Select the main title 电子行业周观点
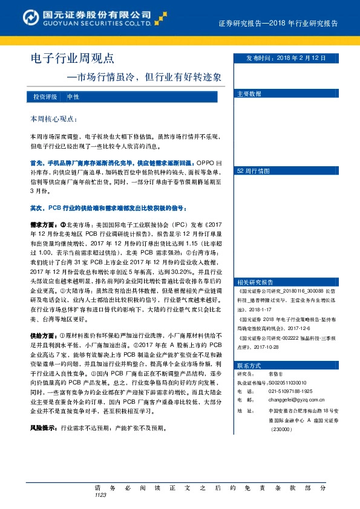(72, 59)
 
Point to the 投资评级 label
(45, 97)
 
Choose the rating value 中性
(73, 97)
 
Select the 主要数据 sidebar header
(249, 94)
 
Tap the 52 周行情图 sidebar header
(253, 171)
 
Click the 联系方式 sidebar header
(249, 366)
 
